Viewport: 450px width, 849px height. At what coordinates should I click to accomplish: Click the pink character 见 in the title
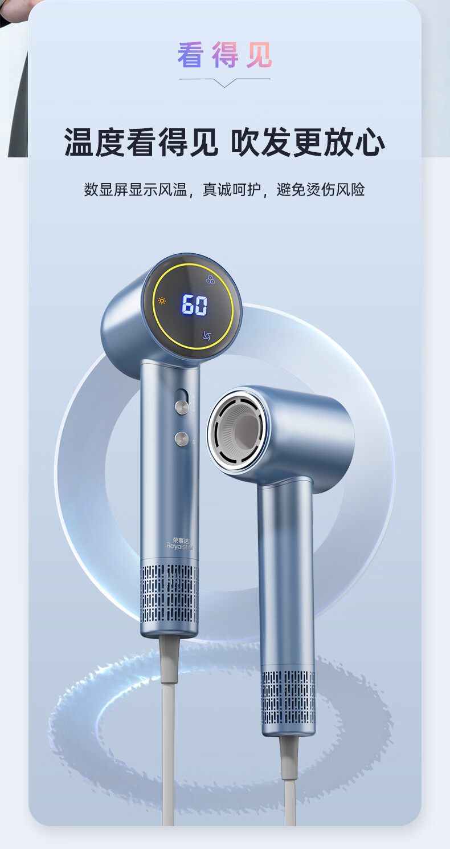pyautogui.click(x=260, y=55)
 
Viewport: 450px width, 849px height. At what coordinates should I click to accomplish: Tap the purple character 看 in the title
pyautogui.click(x=190, y=55)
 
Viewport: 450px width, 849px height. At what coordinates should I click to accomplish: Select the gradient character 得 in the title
pyautogui.click(x=225, y=55)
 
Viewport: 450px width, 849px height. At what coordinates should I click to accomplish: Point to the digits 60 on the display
pyautogui.click(x=194, y=304)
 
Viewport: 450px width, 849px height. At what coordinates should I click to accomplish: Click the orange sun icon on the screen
pyautogui.click(x=162, y=301)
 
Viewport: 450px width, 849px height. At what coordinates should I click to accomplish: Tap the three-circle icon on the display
pyautogui.click(x=210, y=280)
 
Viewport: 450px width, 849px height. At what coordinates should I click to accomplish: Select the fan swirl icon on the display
pyautogui.click(x=207, y=335)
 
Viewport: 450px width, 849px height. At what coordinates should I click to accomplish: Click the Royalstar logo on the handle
pyautogui.click(x=180, y=544)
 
